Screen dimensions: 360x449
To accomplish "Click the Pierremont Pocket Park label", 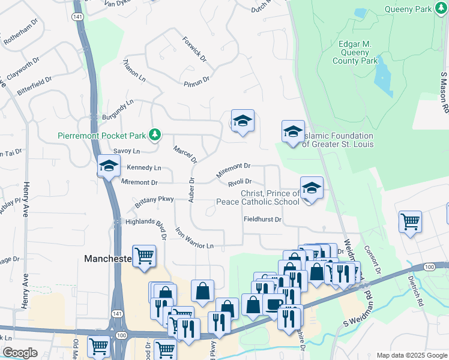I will tap(102, 136).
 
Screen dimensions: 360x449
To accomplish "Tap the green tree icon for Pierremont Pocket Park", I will tap(155, 134).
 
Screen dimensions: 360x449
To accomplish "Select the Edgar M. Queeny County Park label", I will tap(355, 53).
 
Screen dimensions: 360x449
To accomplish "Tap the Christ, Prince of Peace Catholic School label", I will tap(270, 197).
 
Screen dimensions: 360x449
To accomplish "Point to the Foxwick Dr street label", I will tap(194, 50).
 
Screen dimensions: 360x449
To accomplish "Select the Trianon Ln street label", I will tap(134, 70).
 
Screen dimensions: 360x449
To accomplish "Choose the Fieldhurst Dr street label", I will tap(262, 220).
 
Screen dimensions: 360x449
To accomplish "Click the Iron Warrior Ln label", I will tap(194, 238).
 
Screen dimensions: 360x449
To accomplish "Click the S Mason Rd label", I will tap(444, 93).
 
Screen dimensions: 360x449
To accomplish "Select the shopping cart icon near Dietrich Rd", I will tap(411, 221).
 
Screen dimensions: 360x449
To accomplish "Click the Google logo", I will tap(20, 353).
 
